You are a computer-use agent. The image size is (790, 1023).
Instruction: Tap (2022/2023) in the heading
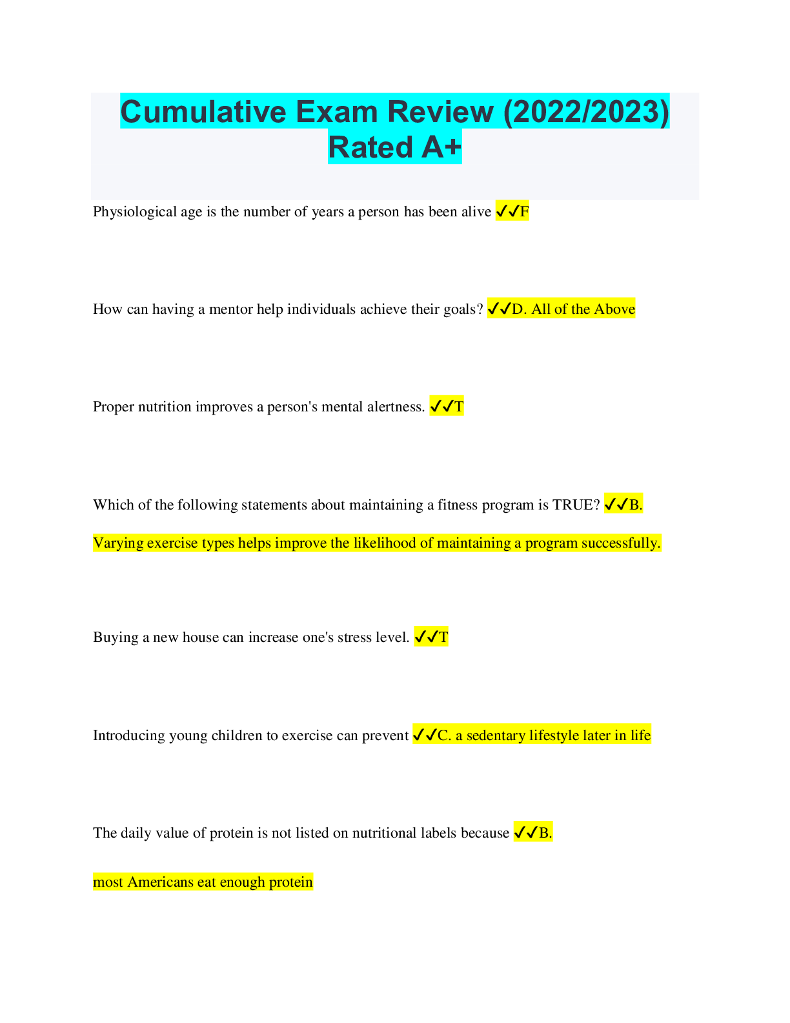coord(586,112)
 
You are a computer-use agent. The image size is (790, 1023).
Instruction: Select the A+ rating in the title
coord(441,147)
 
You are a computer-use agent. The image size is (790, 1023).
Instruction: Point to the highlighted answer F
coord(524,212)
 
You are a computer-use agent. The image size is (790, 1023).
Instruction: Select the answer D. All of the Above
coord(573,309)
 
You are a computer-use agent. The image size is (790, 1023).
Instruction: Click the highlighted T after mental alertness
coord(459,407)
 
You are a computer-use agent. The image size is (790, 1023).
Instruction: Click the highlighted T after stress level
coord(443,637)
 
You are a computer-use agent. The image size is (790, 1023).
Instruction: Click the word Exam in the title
coord(336,112)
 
